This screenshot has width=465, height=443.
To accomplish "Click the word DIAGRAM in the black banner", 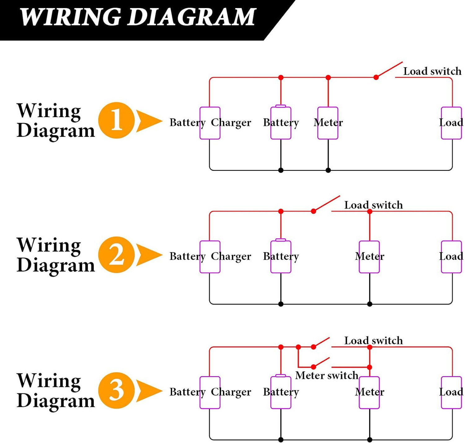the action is pyautogui.click(x=191, y=17).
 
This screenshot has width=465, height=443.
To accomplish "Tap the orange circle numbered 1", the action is pyautogui.click(x=116, y=120).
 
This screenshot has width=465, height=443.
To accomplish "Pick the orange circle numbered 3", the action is pyautogui.click(x=116, y=391).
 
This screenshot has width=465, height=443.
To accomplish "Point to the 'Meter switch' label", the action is pyautogui.click(x=327, y=375).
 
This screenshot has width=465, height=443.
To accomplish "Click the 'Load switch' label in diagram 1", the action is pyautogui.click(x=432, y=71).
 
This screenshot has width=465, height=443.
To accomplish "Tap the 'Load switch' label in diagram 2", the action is pyautogui.click(x=373, y=205).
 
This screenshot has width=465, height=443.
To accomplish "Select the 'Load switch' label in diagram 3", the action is pyautogui.click(x=373, y=341).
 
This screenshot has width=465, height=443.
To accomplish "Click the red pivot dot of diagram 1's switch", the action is pyautogui.click(x=376, y=77).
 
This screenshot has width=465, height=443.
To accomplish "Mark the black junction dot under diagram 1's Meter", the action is pyautogui.click(x=328, y=170).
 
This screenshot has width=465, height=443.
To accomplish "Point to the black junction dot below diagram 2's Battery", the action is pyautogui.click(x=281, y=304).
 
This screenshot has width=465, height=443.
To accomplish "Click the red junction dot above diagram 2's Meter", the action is pyautogui.click(x=370, y=211).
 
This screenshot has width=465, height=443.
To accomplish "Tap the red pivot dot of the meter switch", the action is pyautogui.click(x=313, y=367).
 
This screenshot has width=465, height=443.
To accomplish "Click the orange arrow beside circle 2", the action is pyautogui.click(x=149, y=255).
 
